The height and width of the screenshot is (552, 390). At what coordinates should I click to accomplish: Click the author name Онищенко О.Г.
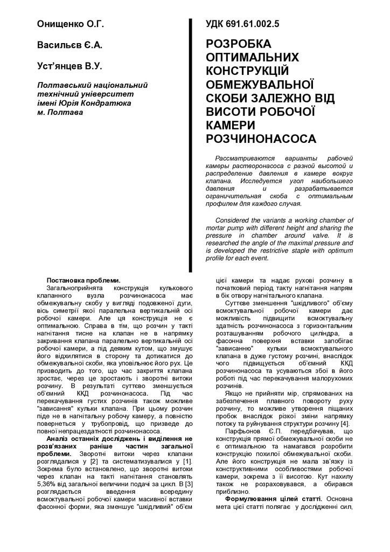(x=70, y=24)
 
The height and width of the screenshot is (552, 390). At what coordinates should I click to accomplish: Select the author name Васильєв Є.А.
(x=69, y=45)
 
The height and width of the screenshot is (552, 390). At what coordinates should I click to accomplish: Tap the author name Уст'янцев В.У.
(x=69, y=66)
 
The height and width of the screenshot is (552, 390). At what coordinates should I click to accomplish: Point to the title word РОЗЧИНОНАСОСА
(x=261, y=139)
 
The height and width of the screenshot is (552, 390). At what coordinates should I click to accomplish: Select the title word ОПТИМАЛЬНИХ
(x=252, y=57)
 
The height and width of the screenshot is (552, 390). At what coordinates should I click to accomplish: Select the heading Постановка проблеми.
(x=84, y=281)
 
